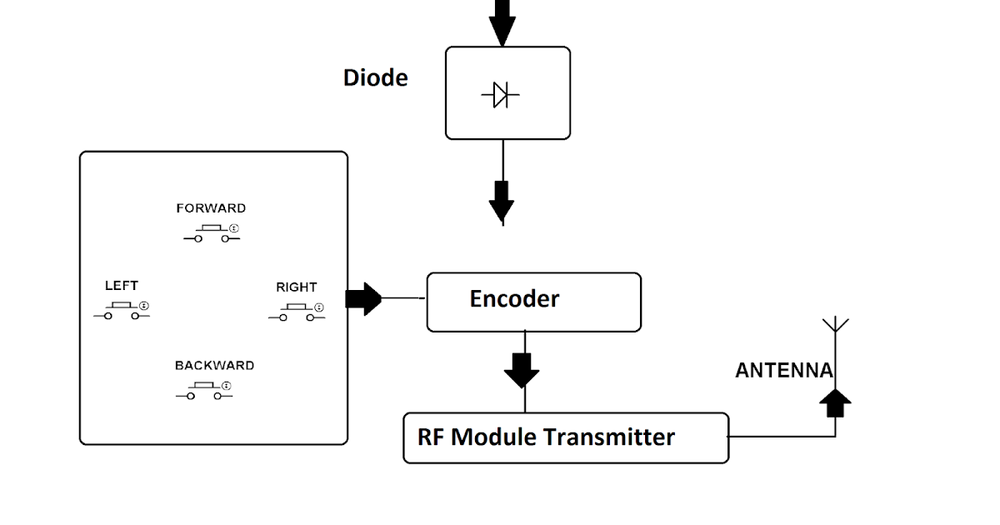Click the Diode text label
point(376,77)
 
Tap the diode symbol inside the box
point(500,95)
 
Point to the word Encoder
point(514,298)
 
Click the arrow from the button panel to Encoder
point(362,298)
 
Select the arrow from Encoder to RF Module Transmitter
point(522,369)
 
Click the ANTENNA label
point(783,371)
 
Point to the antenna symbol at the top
point(835,327)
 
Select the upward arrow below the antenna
point(835,404)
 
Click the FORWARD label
point(211,208)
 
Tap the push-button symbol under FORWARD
point(212,234)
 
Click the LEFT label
point(122,286)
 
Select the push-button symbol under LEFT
point(121,312)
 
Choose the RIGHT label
point(297,287)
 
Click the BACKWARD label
point(214,366)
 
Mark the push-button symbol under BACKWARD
point(204,391)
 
